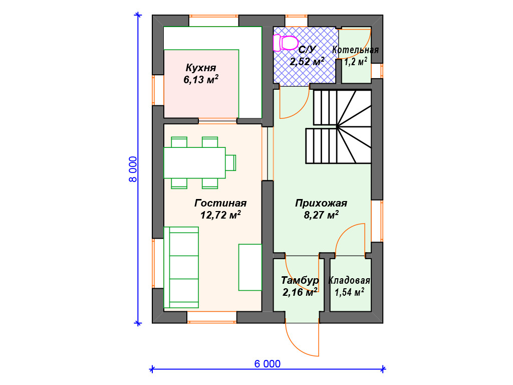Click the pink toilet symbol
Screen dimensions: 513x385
pyautogui.click(x=286, y=43)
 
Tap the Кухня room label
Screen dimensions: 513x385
pyautogui.click(x=201, y=68)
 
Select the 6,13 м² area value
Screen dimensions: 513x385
pyautogui.click(x=201, y=80)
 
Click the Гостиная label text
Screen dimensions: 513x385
pyautogui.click(x=220, y=203)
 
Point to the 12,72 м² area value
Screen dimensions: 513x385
pyautogui.click(x=220, y=215)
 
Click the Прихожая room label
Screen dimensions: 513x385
pyautogui.click(x=321, y=203)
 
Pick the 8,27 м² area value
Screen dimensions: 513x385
pyautogui.click(x=321, y=215)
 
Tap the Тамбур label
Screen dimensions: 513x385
pyautogui.click(x=300, y=280)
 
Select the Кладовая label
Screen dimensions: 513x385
pyautogui.click(x=349, y=280)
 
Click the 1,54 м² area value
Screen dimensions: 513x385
pyautogui.click(x=349, y=292)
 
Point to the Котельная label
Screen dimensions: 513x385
pyautogui.click(x=355, y=50)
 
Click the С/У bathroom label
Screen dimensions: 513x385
pyautogui.click(x=307, y=50)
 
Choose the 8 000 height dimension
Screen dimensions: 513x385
pyautogui.click(x=133, y=169)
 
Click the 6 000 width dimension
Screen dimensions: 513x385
pyautogui.click(x=268, y=364)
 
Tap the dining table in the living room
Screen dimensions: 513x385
pyautogui.click(x=195, y=163)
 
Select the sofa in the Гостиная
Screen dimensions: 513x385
pyautogui.click(x=181, y=267)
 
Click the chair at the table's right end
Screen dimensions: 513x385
pyautogui.click(x=230, y=163)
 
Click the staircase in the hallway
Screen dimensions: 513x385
pyautogui.click(x=339, y=127)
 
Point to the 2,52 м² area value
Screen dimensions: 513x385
pyautogui.click(x=307, y=61)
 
